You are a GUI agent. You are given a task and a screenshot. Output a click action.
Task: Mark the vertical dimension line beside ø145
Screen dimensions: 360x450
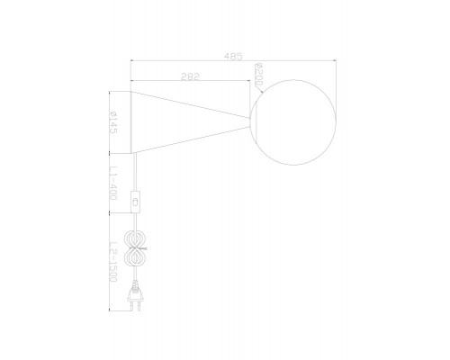tap(109, 121)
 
